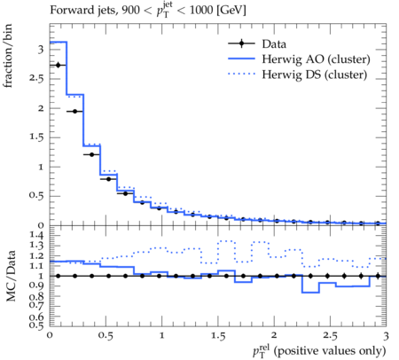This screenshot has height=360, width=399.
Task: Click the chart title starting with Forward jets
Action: (x=148, y=10)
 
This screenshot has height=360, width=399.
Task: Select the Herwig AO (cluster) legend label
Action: (x=316, y=59)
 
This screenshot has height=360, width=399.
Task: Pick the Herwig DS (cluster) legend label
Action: (x=315, y=74)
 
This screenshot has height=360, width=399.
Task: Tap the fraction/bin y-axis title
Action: (x=8, y=56)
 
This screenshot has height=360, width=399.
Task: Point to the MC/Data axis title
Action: (x=11, y=276)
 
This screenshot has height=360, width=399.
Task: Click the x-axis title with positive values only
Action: (x=319, y=351)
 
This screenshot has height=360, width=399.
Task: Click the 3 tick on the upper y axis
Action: (x=41, y=50)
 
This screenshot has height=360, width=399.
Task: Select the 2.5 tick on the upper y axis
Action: (x=36, y=79)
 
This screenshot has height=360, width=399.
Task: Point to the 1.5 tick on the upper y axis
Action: (x=36, y=137)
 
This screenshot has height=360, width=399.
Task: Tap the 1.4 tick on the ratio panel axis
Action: (x=36, y=235)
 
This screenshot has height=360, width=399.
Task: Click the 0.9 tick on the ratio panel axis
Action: (x=36, y=286)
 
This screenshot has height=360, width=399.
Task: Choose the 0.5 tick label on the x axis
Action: (x=106, y=336)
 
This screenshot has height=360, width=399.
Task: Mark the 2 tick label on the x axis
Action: (x=274, y=336)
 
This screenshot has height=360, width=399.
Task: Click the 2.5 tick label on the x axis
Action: (x=330, y=336)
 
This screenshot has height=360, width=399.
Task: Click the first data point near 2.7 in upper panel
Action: (x=58, y=65)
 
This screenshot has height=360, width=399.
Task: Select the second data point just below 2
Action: (x=74, y=112)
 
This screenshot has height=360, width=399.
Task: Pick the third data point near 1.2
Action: (x=91, y=154)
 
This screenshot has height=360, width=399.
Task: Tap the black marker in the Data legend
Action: (x=241, y=43)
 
